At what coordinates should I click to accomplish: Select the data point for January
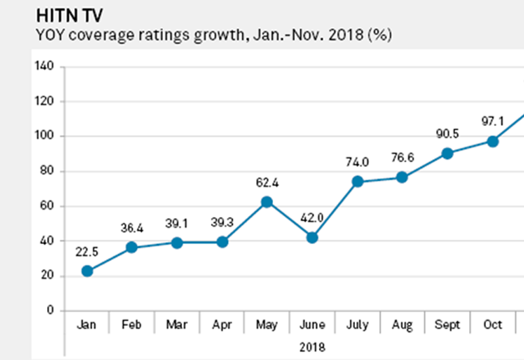87,271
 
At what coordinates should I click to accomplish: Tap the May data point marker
267,202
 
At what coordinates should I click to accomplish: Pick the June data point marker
312,238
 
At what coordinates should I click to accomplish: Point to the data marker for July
358,181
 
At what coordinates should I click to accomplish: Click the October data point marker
493,141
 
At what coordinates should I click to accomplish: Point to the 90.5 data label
447,132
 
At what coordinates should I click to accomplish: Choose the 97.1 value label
493,120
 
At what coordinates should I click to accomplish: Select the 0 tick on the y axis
50,311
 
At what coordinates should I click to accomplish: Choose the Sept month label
447,325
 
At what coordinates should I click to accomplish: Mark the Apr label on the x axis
222,325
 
